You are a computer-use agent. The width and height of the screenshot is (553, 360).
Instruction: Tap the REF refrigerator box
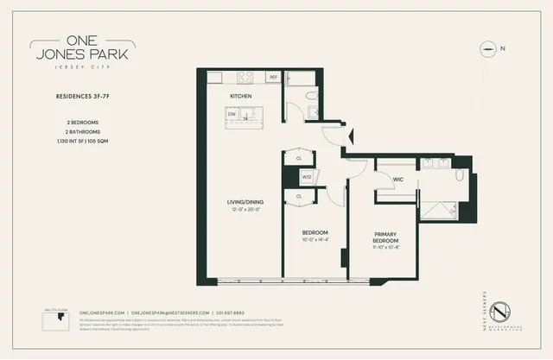pos(273,78)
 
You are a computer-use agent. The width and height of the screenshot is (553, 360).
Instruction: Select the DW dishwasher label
pos(232,114)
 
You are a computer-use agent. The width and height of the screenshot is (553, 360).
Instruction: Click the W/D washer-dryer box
pos(307,177)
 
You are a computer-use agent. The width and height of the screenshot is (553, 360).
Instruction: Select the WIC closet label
pos(398,180)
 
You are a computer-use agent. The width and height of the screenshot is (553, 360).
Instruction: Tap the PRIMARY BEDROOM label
pos(385,237)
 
